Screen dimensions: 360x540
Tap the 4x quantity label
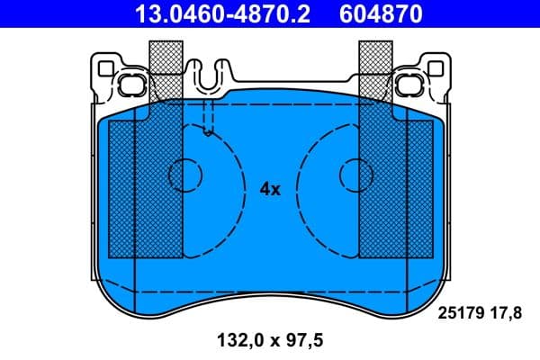[270, 189]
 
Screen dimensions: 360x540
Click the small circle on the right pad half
[354, 175]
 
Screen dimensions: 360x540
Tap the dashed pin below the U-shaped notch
[209, 117]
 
